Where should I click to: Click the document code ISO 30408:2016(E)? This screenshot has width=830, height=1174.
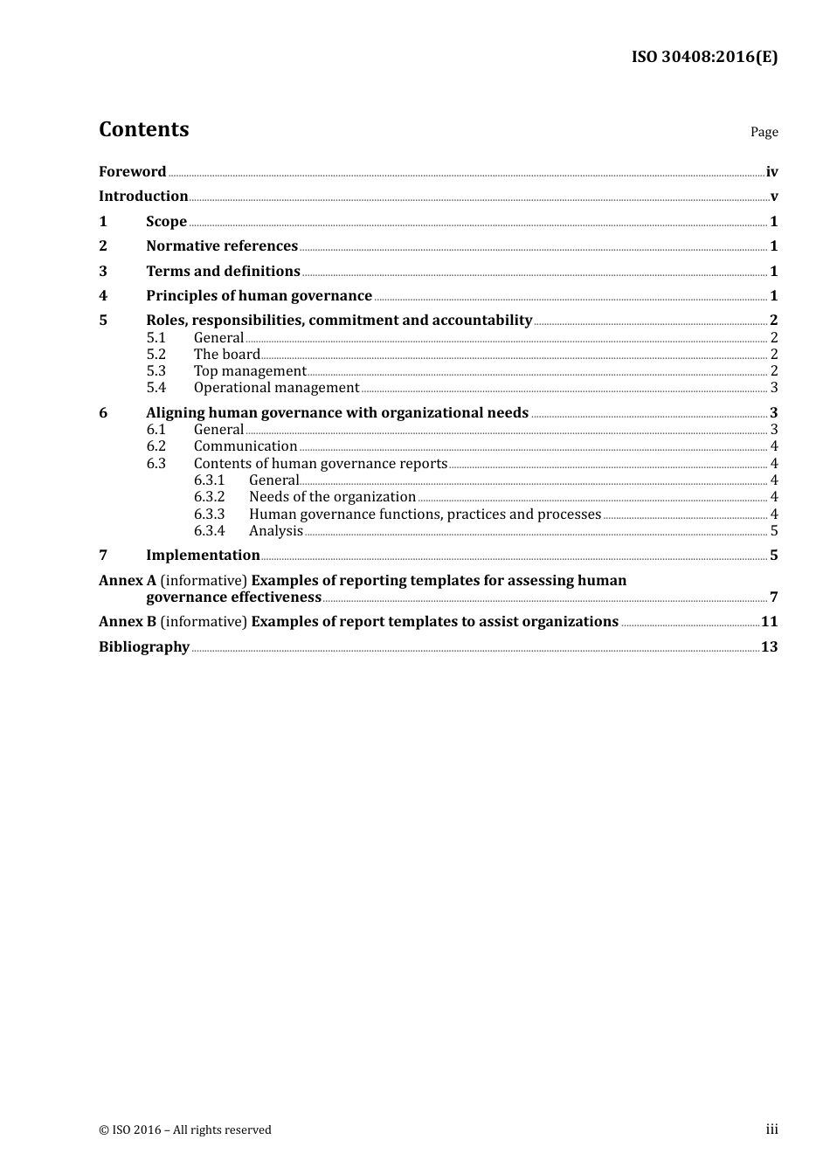(x=704, y=57)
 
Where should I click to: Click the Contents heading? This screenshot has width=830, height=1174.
(x=143, y=129)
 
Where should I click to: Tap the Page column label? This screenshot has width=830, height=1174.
(x=764, y=132)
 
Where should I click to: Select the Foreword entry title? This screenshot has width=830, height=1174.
(x=132, y=172)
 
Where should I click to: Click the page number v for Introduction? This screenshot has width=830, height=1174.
(x=773, y=197)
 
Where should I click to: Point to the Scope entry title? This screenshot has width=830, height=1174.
(x=166, y=222)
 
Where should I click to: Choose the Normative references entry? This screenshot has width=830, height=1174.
(x=222, y=246)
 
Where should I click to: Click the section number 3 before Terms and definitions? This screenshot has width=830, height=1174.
(x=103, y=272)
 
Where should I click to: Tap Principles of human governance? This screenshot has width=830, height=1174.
(x=259, y=296)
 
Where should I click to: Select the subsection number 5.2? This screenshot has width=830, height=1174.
(x=156, y=355)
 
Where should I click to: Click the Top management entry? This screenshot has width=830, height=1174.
(x=250, y=371)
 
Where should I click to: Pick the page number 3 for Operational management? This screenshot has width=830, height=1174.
(x=773, y=388)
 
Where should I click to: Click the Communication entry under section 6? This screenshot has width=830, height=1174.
(x=246, y=446)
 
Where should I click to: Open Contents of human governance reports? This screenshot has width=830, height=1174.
(x=321, y=464)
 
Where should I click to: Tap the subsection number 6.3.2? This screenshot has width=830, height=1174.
(x=210, y=497)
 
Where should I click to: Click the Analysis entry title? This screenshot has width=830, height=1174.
(x=276, y=531)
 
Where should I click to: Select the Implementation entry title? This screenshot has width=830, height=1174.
(x=203, y=556)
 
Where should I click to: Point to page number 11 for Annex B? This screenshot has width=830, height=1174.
(x=769, y=622)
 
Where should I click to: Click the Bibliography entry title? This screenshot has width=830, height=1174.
(x=144, y=647)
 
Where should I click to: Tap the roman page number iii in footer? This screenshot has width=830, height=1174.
(x=771, y=1129)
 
